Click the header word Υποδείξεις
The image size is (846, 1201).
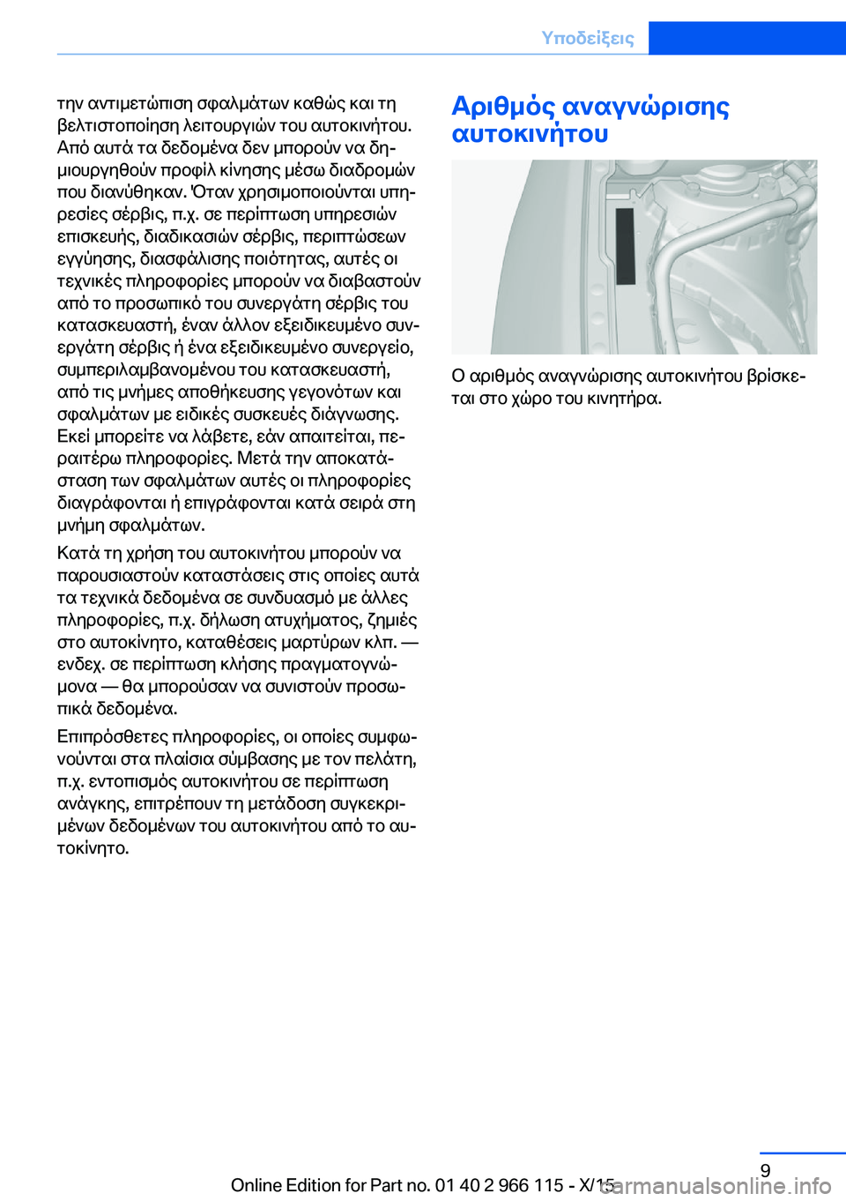coord(587,38)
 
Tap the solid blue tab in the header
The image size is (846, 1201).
coord(746,38)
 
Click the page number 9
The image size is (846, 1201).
coord(765,1170)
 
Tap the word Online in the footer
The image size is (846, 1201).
coord(256,1185)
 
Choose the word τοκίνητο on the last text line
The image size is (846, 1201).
coord(93,848)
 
